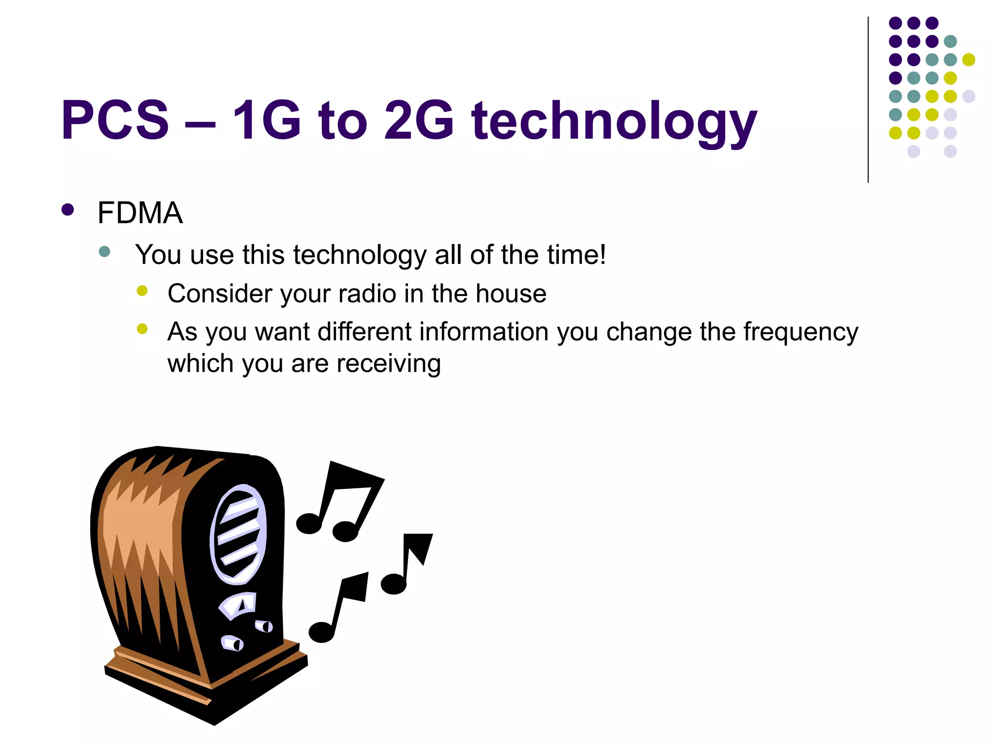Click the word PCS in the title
pyautogui.click(x=115, y=120)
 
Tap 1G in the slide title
pyautogui.click(x=266, y=120)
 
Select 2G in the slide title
pyautogui.click(x=419, y=120)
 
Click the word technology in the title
pyautogui.click(x=614, y=122)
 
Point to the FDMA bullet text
pyautogui.click(x=140, y=213)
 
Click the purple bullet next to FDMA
pyautogui.click(x=68, y=210)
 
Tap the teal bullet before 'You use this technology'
pyautogui.click(x=104, y=251)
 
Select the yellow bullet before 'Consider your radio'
pyautogui.click(x=142, y=291)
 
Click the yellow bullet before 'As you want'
pyautogui.click(x=142, y=329)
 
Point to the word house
pyautogui.click(x=511, y=294)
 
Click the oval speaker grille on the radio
pyautogui.click(x=239, y=534)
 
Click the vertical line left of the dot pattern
pyautogui.click(x=868, y=100)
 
